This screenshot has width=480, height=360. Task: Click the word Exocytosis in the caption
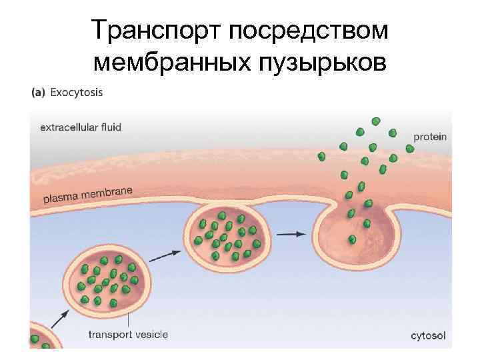(x=79, y=93)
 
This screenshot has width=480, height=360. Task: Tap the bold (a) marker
(x=39, y=93)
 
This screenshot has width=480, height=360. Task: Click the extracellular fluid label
(x=81, y=127)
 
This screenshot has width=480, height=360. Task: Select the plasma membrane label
(x=88, y=194)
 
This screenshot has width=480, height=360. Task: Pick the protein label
(x=430, y=137)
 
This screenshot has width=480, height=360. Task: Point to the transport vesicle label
(x=128, y=335)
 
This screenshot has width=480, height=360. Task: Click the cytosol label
(x=429, y=335)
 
